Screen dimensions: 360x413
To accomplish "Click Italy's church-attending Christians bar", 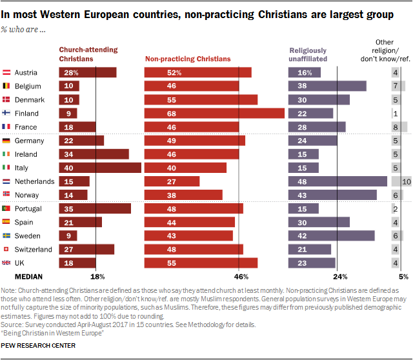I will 100,168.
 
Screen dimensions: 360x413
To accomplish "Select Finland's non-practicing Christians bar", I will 215,113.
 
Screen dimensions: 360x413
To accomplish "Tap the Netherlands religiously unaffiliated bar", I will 337,181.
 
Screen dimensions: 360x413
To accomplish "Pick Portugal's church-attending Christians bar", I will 95,208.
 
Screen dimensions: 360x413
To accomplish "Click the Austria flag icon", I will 7,73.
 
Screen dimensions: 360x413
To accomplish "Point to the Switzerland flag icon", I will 7,249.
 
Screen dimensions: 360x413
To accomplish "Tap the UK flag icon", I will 7,263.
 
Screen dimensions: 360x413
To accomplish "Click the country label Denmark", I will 29,100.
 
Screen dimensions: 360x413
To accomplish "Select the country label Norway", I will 28,194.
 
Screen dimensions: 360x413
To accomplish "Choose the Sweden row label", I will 28,235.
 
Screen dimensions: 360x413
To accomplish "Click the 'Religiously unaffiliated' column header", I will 308,54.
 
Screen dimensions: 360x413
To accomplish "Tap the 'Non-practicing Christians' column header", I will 188,59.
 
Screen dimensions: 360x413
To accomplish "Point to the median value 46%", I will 239,277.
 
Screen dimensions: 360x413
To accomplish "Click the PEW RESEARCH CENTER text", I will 39,346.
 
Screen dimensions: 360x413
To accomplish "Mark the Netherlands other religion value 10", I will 406,181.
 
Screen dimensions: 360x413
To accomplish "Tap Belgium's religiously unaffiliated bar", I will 327,86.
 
